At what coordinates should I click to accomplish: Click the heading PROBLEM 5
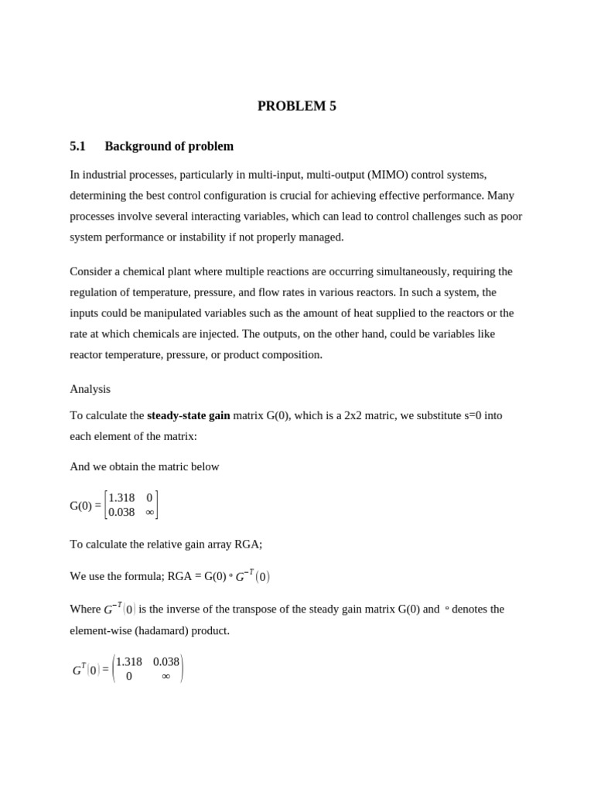pyautogui.click(x=296, y=107)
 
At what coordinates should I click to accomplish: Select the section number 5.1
pyautogui.click(x=77, y=146)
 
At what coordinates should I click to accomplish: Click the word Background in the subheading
pyautogui.click(x=135, y=146)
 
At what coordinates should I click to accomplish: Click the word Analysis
pyautogui.click(x=90, y=389)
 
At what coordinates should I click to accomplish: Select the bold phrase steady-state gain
pyautogui.click(x=188, y=415)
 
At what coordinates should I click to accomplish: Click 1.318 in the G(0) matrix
pyautogui.click(x=121, y=498)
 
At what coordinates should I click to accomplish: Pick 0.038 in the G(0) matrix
pyautogui.click(x=121, y=512)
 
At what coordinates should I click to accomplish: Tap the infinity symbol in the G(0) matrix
pyautogui.click(x=149, y=512)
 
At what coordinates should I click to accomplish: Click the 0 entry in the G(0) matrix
pyautogui.click(x=149, y=498)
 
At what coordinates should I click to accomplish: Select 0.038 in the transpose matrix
pyautogui.click(x=166, y=662)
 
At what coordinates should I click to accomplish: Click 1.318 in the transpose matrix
pyautogui.click(x=129, y=662)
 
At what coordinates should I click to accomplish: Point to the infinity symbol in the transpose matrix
pyautogui.click(x=166, y=676)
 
